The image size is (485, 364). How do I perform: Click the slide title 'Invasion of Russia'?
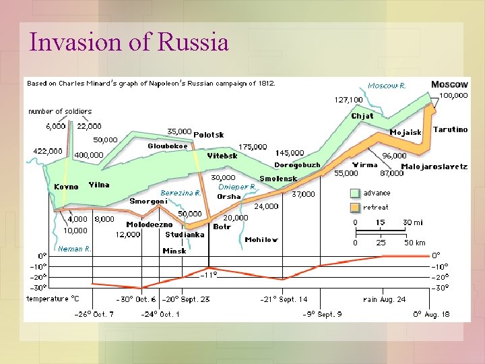129,42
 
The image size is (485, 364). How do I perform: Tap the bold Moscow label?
449,84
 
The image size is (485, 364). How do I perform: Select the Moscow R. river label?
387,86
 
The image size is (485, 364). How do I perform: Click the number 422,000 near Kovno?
47,151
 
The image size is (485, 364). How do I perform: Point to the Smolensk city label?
278,179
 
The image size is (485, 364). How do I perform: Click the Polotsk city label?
209,135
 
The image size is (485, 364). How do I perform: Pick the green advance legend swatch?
355,193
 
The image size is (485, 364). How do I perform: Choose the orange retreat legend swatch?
355,208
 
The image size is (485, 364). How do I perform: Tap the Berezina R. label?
181,192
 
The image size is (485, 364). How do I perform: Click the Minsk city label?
174,251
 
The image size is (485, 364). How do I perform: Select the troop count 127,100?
348,100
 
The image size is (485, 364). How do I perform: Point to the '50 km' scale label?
414,243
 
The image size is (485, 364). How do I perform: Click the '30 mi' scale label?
413,222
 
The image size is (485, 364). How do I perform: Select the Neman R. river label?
75,249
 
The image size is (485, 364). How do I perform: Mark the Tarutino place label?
450,129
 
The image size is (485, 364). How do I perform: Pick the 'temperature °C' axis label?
53,299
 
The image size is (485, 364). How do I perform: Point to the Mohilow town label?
261,239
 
